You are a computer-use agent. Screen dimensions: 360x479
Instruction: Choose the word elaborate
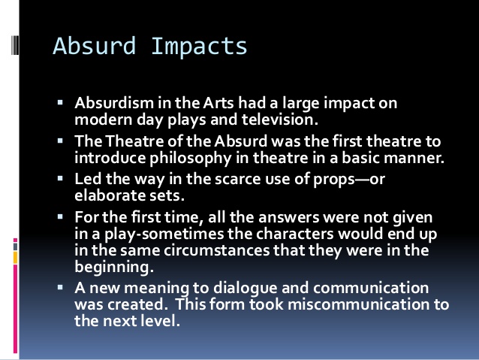point(106,196)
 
